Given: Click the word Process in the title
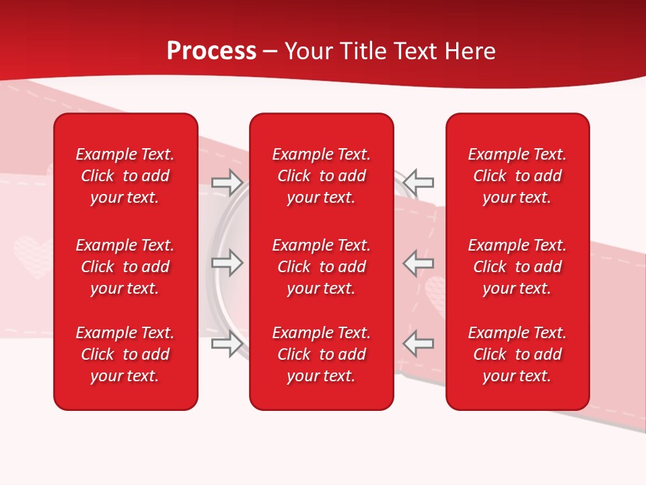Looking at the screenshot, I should pos(211,51).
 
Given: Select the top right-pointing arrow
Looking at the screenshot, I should pos(227,182).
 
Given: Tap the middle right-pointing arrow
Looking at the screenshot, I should pos(227,263).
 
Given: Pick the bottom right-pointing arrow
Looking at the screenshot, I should pos(227,344).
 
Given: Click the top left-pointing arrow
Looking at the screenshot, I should pos(419,182).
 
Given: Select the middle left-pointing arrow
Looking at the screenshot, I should pos(419,263).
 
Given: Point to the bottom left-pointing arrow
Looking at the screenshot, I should pos(419,344).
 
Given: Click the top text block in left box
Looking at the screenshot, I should pos(125,176).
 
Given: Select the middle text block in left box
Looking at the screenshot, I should pos(125,267).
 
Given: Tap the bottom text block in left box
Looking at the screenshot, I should pos(125,354).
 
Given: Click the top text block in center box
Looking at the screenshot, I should pos(322,176).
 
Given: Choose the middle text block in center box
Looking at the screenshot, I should pos(322,267).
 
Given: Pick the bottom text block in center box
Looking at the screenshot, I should pos(322,354).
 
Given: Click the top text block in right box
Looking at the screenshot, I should pos(517,176).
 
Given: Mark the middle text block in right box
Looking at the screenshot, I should pos(517,267).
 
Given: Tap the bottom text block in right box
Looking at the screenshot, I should pos(517,354).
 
